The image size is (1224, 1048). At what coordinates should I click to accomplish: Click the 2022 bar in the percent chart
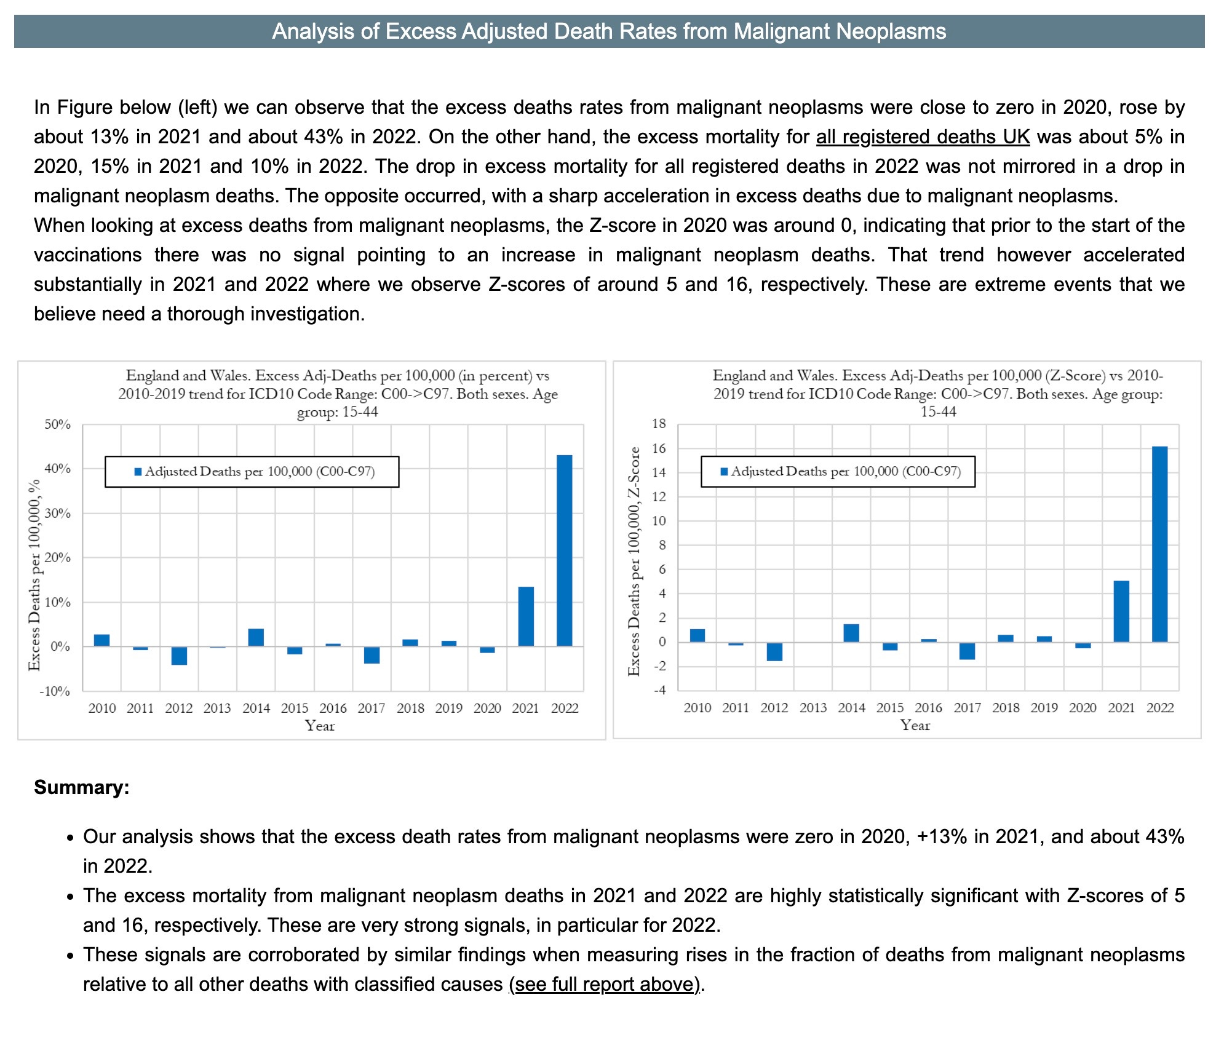click(564, 550)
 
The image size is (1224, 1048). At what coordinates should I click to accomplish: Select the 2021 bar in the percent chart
click(526, 616)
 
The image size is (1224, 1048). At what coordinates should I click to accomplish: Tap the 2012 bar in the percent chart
click(179, 656)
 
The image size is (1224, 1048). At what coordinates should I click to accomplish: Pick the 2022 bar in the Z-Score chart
click(1159, 544)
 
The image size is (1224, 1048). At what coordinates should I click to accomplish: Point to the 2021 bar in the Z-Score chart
click(1121, 611)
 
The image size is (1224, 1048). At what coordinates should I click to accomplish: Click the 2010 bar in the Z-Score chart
click(697, 636)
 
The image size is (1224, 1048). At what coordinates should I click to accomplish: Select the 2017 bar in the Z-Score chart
click(967, 651)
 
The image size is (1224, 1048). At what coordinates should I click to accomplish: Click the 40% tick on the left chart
click(57, 469)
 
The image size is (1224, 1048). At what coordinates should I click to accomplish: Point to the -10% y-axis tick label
click(55, 691)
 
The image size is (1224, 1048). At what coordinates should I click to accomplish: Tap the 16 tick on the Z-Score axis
click(659, 448)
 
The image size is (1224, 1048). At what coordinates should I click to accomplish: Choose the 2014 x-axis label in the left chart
click(256, 709)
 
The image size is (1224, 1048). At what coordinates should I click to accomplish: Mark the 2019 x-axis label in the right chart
click(1044, 708)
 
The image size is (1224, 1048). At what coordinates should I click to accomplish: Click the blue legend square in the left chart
click(138, 472)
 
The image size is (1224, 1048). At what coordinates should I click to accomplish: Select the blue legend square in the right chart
click(724, 472)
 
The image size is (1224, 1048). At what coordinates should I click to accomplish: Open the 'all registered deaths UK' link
click(923, 137)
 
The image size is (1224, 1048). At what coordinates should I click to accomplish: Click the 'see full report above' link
click(605, 984)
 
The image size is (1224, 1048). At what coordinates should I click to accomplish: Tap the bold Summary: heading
click(82, 787)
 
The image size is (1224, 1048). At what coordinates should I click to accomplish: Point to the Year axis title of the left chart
click(320, 726)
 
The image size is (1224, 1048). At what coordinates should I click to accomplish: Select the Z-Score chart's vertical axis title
click(634, 561)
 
